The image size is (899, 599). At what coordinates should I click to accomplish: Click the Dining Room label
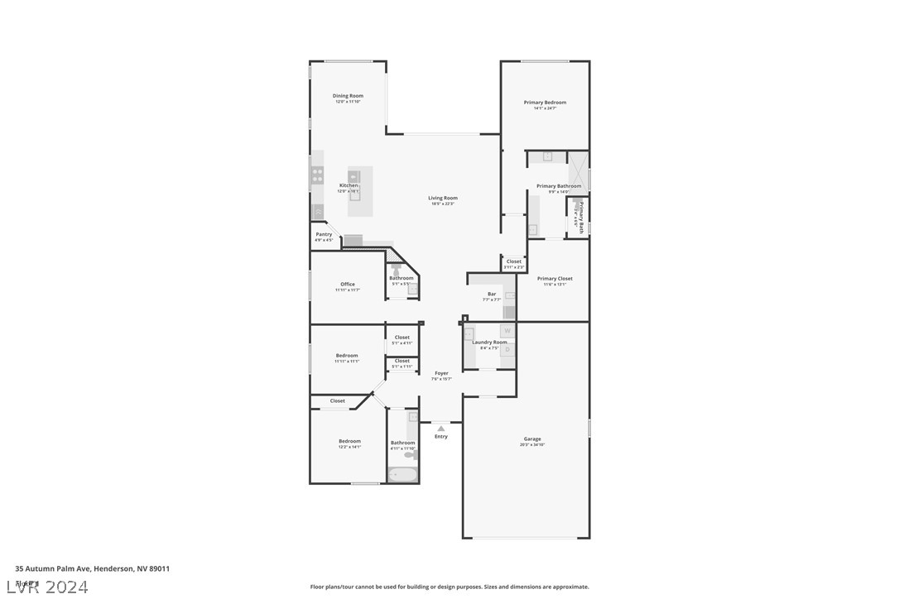(x=348, y=96)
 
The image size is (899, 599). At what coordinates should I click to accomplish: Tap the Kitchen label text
(x=349, y=185)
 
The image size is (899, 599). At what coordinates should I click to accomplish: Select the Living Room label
(x=443, y=199)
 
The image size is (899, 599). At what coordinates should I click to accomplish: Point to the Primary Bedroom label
(x=545, y=103)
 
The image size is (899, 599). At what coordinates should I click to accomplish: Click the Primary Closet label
(x=554, y=279)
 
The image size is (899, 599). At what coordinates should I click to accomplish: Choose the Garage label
(x=532, y=439)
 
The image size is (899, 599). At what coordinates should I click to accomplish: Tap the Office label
(x=348, y=285)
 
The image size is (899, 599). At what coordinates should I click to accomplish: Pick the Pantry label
(x=324, y=235)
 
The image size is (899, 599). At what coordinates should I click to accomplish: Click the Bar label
(x=492, y=295)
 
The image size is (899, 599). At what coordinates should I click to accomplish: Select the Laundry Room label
(x=489, y=343)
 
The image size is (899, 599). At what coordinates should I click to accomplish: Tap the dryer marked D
(x=507, y=350)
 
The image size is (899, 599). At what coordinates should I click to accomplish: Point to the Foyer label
(x=441, y=374)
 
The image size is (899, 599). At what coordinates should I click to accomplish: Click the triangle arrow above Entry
(x=441, y=429)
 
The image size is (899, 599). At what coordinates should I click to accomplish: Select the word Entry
(x=441, y=437)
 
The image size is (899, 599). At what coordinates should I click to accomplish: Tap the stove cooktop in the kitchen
(x=317, y=175)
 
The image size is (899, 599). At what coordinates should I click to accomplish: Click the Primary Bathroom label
(x=559, y=187)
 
